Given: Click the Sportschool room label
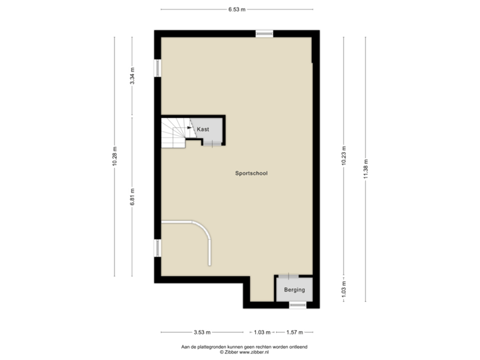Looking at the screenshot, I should (251, 173).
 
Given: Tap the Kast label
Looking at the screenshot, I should (203, 129).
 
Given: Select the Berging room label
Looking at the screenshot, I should (294, 290).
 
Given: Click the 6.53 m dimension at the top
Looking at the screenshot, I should (237, 9).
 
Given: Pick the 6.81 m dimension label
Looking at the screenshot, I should (133, 197).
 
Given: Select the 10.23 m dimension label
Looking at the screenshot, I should (343, 156).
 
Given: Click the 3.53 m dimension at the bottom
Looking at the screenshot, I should (202, 331).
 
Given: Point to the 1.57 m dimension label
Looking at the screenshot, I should (294, 331).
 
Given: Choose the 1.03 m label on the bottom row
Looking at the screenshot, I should (262, 331).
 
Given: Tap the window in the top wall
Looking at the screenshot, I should (264, 33).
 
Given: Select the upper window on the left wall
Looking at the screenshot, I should (157, 68).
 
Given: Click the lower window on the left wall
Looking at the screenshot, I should (157, 248).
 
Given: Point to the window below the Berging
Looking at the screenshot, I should (297, 305).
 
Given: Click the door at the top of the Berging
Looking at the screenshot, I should (288, 276).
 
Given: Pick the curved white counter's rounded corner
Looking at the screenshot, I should (203, 230).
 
